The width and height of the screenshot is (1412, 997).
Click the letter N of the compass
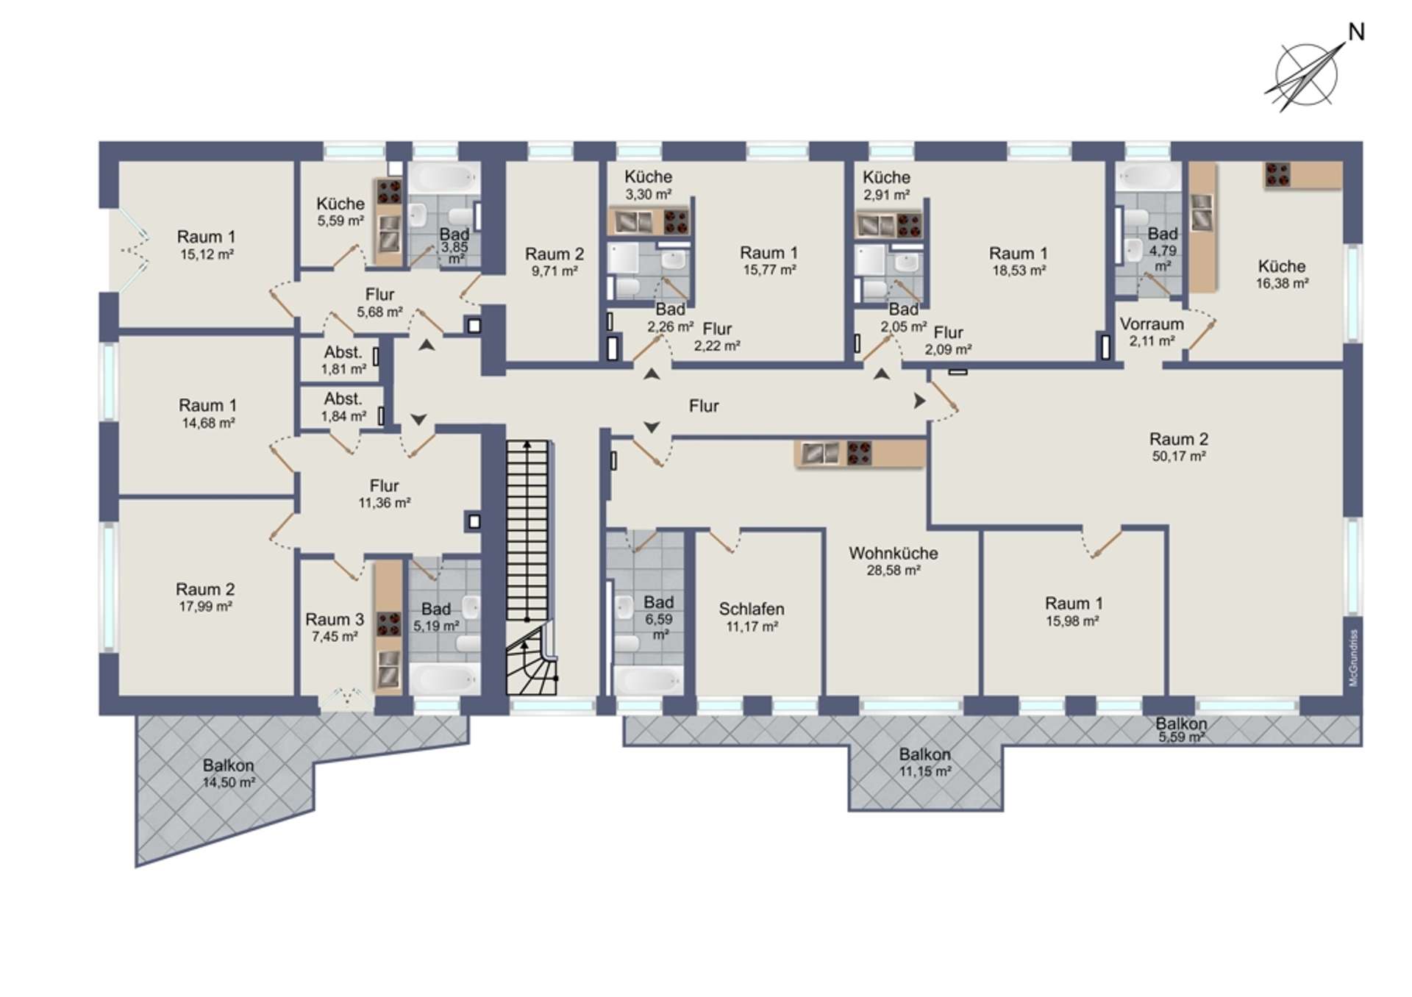point(1356,32)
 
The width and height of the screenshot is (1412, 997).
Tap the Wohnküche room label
point(894,553)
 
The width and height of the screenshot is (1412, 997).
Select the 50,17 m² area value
point(1179,457)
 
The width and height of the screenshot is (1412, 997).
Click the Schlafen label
point(752,609)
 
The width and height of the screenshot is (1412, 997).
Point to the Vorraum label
point(1152,324)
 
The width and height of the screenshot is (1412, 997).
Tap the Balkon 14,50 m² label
point(229,773)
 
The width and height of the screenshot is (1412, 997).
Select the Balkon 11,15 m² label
point(925,762)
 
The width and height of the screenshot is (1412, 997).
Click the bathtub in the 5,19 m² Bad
point(444,678)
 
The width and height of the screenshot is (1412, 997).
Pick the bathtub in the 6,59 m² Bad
point(648,679)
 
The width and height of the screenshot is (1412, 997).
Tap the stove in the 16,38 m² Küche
point(1277,175)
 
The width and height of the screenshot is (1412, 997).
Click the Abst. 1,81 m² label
point(343,360)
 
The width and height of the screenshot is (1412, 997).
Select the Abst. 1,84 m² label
point(343,407)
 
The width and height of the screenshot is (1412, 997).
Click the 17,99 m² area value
point(206,607)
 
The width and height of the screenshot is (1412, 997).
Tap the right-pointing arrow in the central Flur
point(919,401)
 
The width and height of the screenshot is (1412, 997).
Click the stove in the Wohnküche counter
point(859,452)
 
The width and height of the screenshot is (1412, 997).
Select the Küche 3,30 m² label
point(648,185)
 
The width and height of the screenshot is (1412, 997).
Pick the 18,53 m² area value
point(1019,271)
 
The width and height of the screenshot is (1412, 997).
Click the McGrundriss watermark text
point(1353,658)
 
